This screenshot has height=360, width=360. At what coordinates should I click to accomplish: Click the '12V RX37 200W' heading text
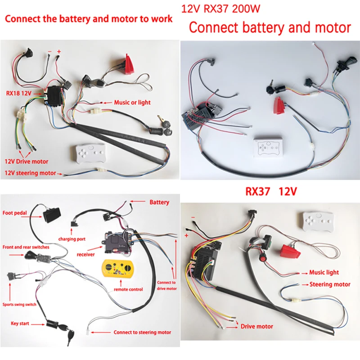[x=220, y=8]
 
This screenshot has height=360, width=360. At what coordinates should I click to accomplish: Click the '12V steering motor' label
[x=30, y=173]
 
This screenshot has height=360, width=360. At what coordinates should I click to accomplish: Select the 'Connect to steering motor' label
[x=142, y=332]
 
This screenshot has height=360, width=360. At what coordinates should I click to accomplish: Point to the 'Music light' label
[x=324, y=273]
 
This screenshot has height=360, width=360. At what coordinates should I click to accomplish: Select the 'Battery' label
[x=159, y=202]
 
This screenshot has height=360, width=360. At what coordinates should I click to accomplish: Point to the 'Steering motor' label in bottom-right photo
[x=330, y=284]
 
